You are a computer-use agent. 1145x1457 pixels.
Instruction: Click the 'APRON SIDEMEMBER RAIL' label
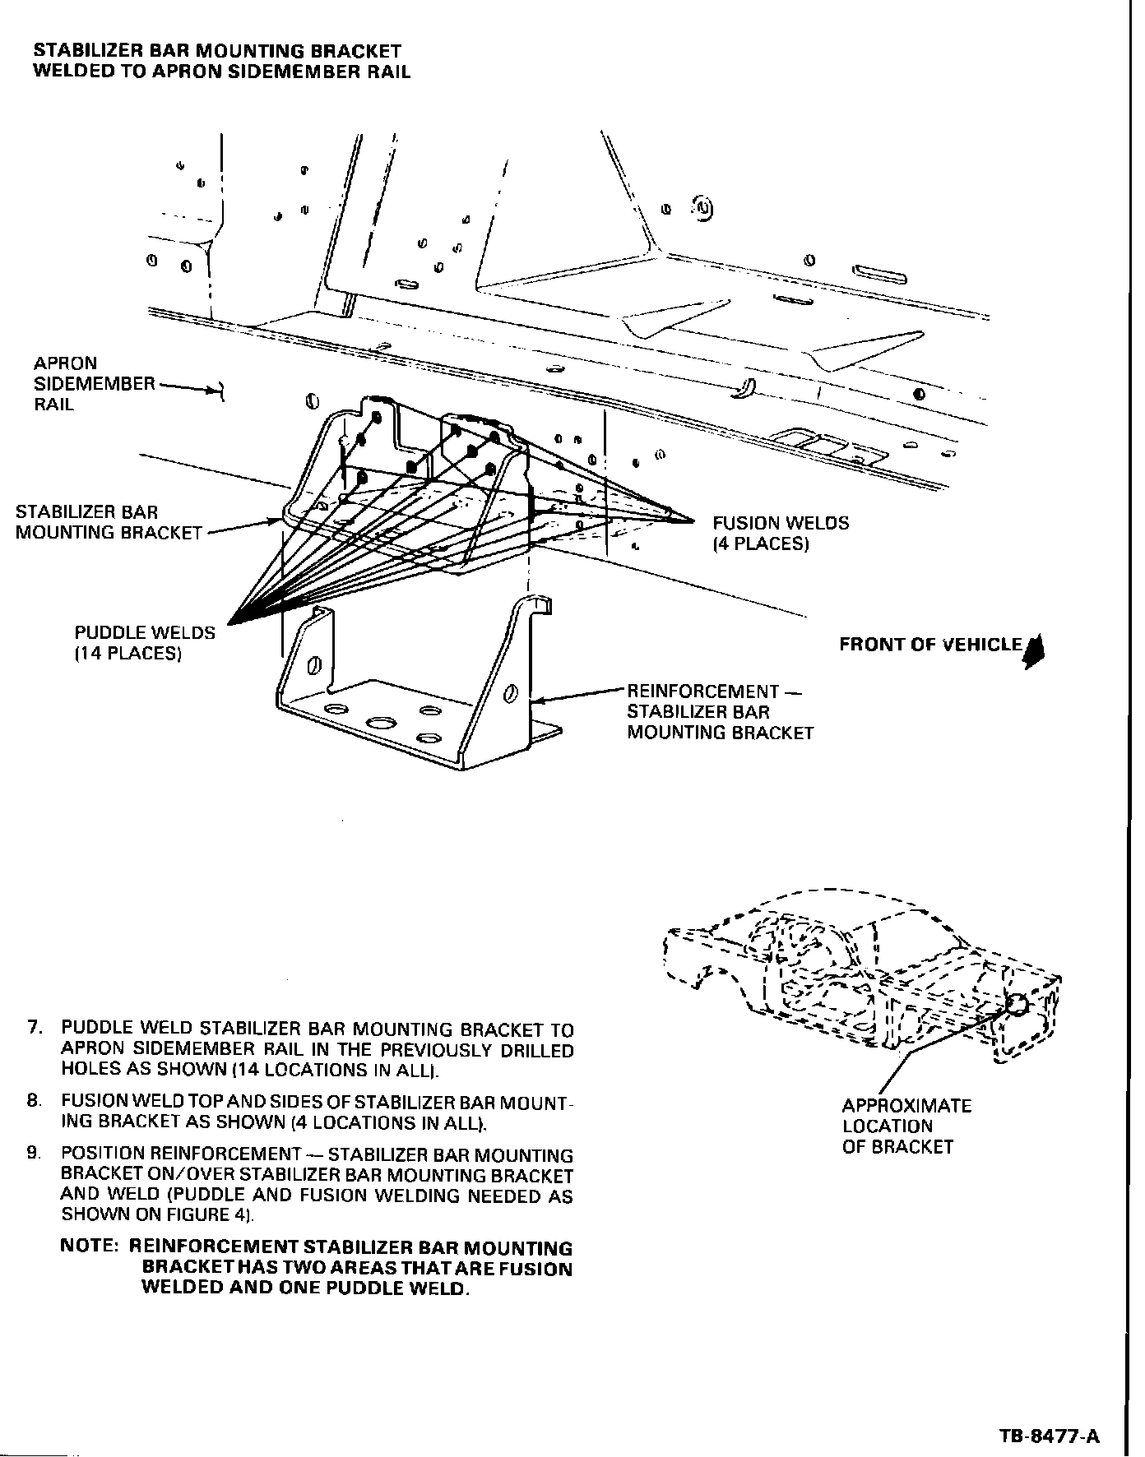(94, 383)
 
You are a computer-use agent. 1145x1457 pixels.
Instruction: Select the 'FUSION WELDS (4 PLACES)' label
(780, 533)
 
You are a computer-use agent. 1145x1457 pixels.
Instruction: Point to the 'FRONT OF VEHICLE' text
(930, 645)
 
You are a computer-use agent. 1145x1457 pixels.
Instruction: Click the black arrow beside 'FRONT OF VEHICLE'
(1036, 650)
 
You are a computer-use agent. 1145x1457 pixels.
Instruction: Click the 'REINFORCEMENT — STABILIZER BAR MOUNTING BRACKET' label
(720, 712)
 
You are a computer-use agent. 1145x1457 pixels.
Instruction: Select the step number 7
(34, 1028)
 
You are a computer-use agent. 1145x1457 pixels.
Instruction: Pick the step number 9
(34, 1154)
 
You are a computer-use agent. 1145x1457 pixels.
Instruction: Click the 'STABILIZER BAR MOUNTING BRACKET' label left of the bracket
(109, 522)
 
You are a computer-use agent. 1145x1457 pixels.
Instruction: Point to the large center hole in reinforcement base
(381, 723)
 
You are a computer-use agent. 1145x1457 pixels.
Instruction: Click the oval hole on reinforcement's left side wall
(313, 665)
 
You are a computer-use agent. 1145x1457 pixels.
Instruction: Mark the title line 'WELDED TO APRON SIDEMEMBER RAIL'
(221, 72)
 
